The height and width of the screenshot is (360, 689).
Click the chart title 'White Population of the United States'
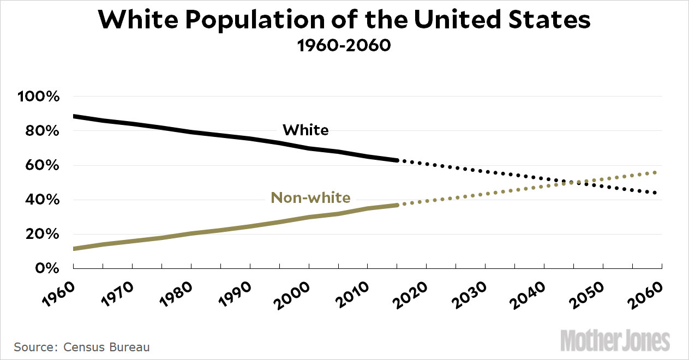344,20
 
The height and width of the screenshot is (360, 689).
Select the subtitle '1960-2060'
344,45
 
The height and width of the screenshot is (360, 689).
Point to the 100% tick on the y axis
38,97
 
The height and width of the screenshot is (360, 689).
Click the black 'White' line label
305,130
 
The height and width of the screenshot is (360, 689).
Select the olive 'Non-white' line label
310,197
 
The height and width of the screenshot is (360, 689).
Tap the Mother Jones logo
615,340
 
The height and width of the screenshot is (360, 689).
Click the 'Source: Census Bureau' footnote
82,347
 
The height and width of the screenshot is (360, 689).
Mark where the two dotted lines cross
572,182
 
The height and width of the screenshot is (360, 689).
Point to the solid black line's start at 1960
74,116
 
